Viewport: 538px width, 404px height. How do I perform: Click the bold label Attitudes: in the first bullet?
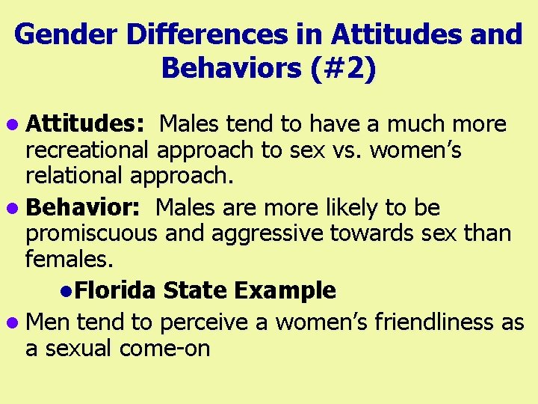(88, 123)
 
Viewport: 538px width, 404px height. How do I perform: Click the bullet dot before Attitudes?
(16, 125)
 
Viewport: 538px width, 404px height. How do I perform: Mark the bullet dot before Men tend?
(16, 323)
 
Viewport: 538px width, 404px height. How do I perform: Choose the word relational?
(75, 177)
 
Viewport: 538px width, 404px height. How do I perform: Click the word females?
(69, 260)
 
